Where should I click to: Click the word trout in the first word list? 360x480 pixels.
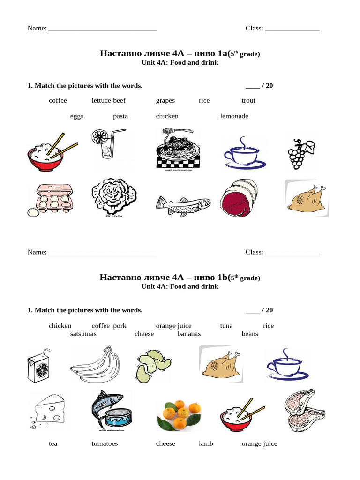tap(248, 101)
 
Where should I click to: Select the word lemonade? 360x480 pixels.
tap(234, 116)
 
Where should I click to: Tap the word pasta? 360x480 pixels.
tap(120, 116)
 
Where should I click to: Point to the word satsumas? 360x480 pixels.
tap(83, 334)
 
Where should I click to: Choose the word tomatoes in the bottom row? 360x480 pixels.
tap(105, 444)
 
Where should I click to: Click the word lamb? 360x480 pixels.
tap(206, 444)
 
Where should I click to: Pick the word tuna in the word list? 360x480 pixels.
tap(226, 326)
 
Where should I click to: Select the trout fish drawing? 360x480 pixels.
tap(183, 204)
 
